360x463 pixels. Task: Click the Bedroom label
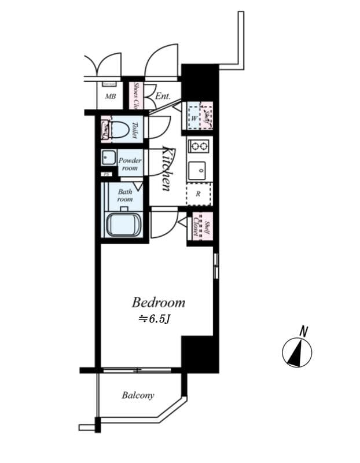click(158, 302)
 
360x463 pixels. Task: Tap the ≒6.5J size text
click(153, 319)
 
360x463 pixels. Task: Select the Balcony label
click(138, 396)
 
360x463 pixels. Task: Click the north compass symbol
click(297, 352)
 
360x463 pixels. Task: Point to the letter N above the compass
click(303, 330)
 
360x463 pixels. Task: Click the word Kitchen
click(167, 168)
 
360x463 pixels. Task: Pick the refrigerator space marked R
click(199, 194)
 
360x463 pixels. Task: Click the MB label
click(110, 97)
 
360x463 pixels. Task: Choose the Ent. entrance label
click(163, 96)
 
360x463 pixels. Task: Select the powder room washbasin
click(108, 158)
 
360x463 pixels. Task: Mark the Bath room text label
click(125, 195)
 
